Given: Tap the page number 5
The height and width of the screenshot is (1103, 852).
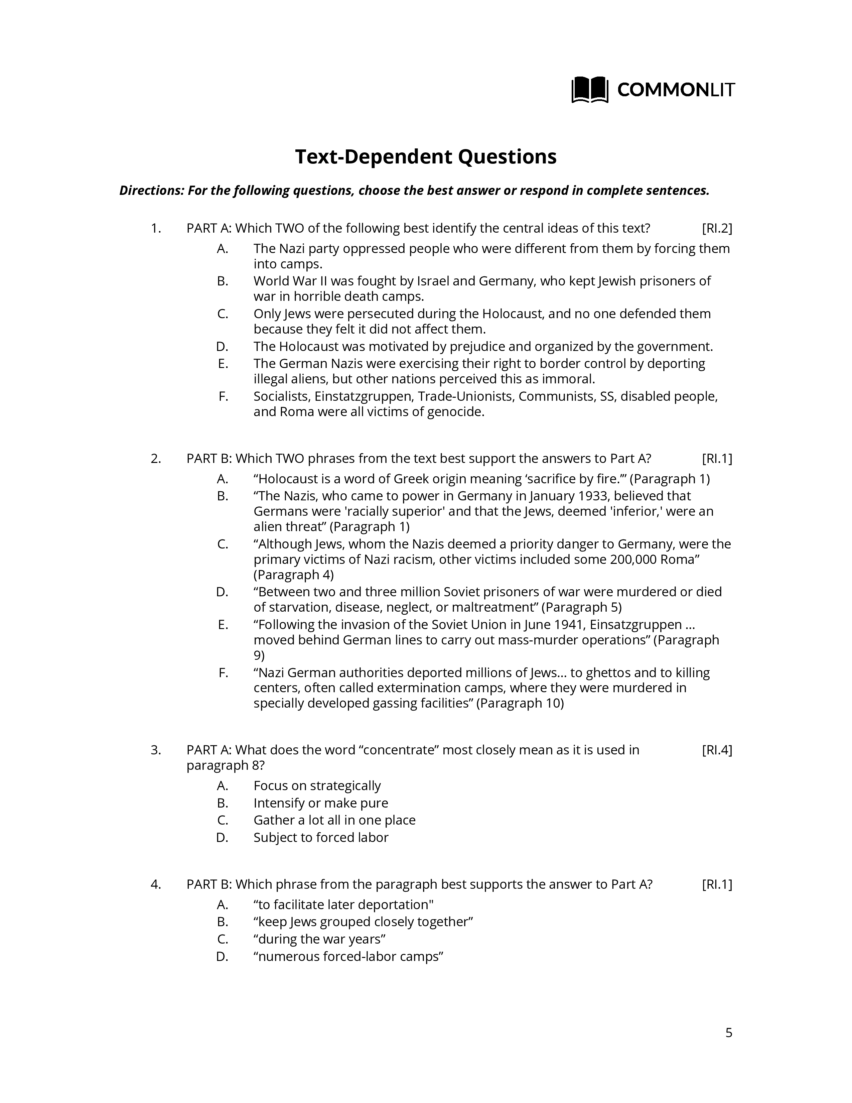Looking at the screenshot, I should point(728,1033).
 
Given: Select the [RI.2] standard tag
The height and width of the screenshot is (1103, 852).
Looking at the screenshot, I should point(716,228).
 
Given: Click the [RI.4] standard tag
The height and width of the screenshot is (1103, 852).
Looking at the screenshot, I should point(716,750).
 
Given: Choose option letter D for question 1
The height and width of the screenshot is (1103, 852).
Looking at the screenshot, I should point(222,347).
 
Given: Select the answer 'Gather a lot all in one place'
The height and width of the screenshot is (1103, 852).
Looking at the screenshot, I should point(334,820).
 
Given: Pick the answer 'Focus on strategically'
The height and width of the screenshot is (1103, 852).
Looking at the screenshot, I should point(317,786).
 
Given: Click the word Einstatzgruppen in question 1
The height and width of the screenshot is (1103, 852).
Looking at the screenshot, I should point(363,396).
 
